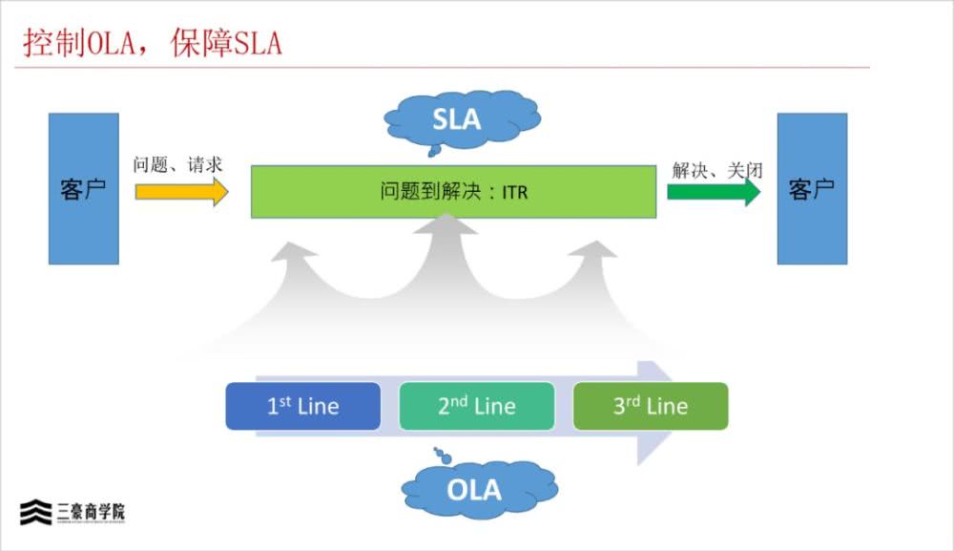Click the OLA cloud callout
(474, 490)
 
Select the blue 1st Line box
(302, 406)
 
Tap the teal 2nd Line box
(476, 406)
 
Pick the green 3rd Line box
(650, 406)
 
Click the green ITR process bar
(453, 192)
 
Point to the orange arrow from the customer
(181, 191)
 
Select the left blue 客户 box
(84, 189)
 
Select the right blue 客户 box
(812, 189)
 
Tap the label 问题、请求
(177, 164)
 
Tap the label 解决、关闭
(717, 170)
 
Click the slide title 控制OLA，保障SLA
(153, 44)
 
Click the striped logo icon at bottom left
(36, 513)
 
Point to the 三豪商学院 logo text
(91, 513)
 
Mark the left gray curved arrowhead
(295, 256)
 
